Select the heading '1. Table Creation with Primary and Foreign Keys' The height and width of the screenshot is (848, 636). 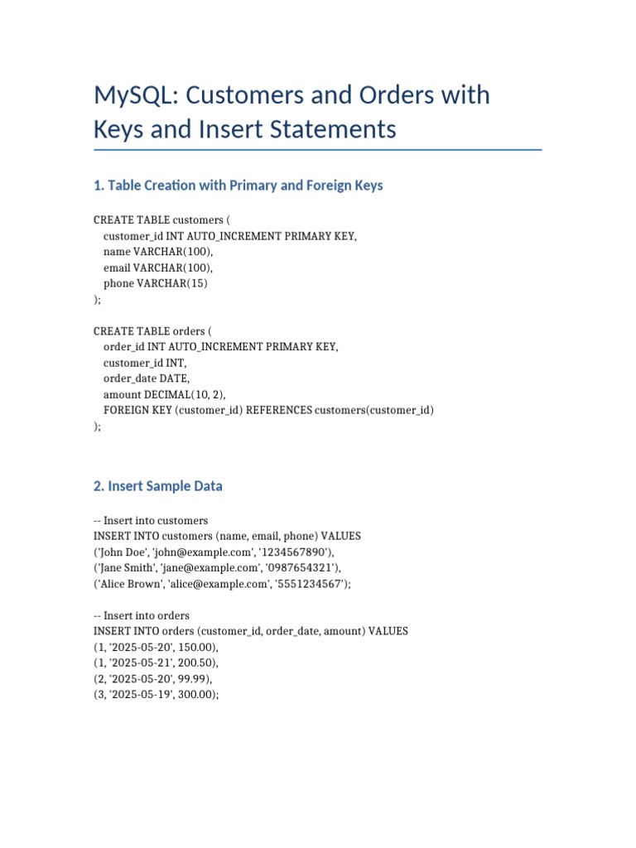click(238, 185)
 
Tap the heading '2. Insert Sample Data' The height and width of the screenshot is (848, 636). click(158, 486)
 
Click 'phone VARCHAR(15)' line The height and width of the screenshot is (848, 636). click(156, 283)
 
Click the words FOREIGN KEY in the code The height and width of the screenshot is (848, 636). click(137, 410)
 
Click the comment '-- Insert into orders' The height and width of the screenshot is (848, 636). click(142, 615)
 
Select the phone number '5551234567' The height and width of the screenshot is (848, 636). click(315, 584)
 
